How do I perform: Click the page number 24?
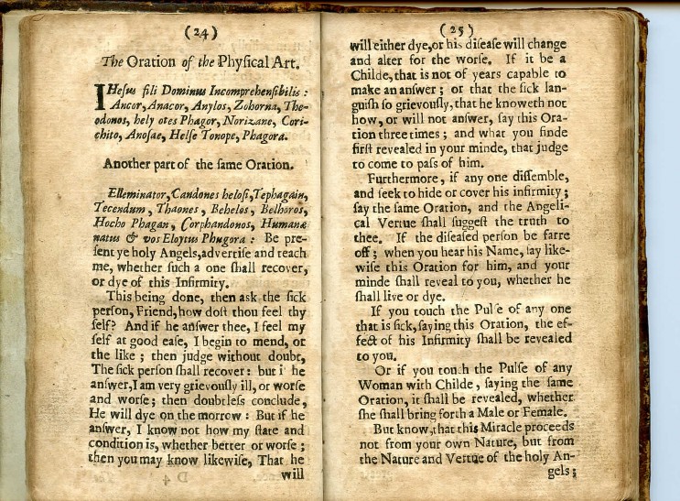click(200, 34)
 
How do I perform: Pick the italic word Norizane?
click(244, 121)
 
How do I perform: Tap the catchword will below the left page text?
click(293, 476)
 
